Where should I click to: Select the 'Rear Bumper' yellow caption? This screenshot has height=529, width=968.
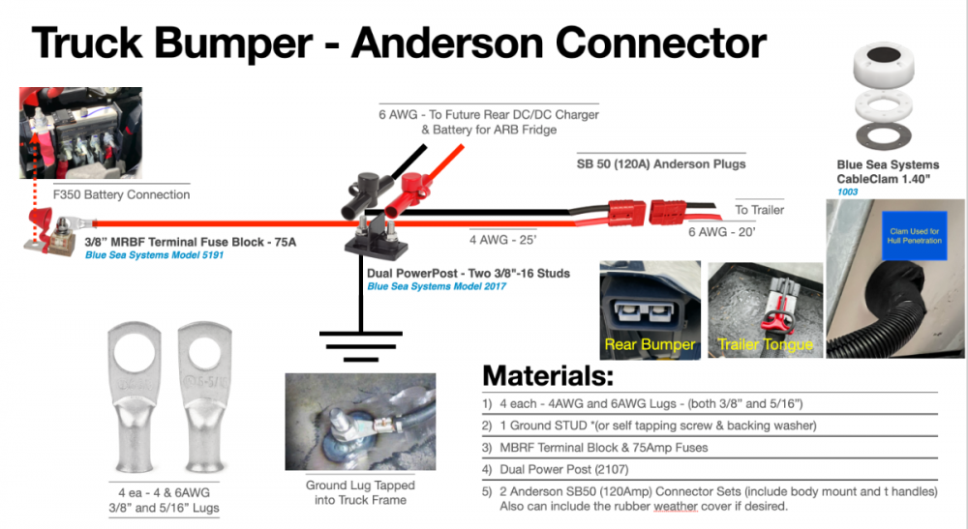pos(650,344)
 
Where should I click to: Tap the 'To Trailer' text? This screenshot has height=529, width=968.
pos(760,210)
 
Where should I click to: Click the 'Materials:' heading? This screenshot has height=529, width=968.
pos(548,375)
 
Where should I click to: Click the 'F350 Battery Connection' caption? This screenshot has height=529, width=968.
pos(121,194)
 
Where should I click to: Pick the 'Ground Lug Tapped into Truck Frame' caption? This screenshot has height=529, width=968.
pos(360,492)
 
